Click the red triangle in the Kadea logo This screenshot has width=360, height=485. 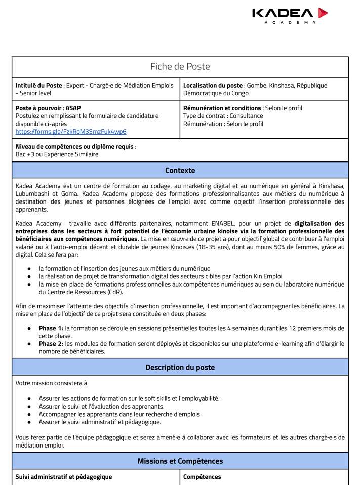click(x=323, y=13)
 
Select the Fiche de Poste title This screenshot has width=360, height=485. click(x=180, y=67)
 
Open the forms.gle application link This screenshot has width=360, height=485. click(x=71, y=132)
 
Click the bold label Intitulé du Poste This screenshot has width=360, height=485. click(x=39, y=86)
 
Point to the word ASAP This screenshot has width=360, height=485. click(x=73, y=108)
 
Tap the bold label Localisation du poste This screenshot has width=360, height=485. click(x=213, y=86)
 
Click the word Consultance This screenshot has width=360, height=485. click(x=246, y=116)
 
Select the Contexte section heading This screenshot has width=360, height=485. click(x=180, y=170)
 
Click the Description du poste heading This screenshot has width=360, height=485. click(x=180, y=367)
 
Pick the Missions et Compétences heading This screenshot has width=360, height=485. click(x=180, y=461)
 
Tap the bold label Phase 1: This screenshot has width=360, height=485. click(x=51, y=328)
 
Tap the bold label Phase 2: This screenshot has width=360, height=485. click(x=51, y=344)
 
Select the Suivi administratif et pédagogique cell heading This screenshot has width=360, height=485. click(x=64, y=477)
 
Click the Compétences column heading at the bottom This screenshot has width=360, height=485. click(x=202, y=477)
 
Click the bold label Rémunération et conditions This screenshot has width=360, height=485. click(x=222, y=108)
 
